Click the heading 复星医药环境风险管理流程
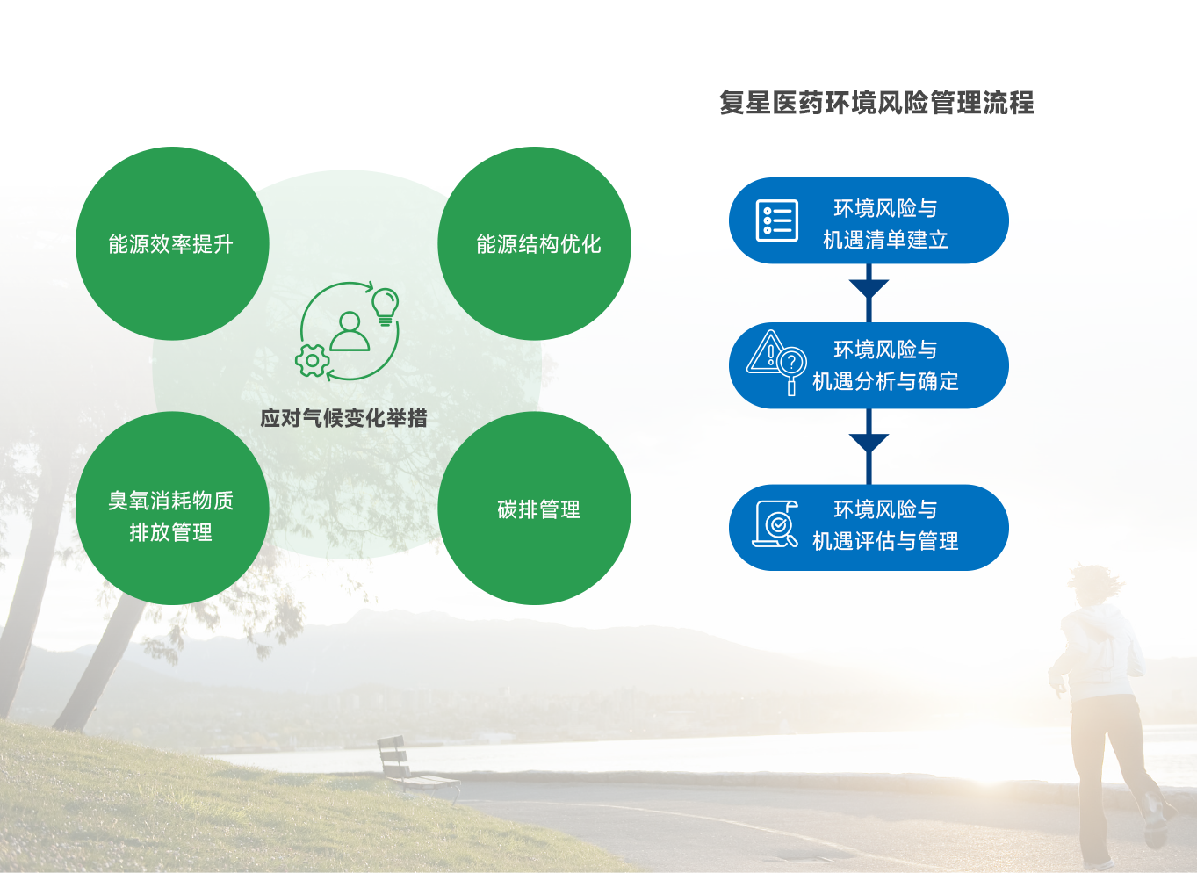click(876, 103)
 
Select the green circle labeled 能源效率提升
click(172, 243)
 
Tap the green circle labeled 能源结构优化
click(534, 243)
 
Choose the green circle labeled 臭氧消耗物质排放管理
click(172, 509)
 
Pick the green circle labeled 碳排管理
click(534, 509)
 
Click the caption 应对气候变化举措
click(343, 418)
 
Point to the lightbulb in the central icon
click(386, 307)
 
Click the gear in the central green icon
click(312, 361)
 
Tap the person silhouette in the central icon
click(350, 331)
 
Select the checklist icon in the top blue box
click(777, 220)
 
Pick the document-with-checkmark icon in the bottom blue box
click(775, 524)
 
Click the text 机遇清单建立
click(885, 240)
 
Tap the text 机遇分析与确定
click(885, 381)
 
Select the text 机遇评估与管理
click(885, 541)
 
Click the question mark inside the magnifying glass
click(791, 364)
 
